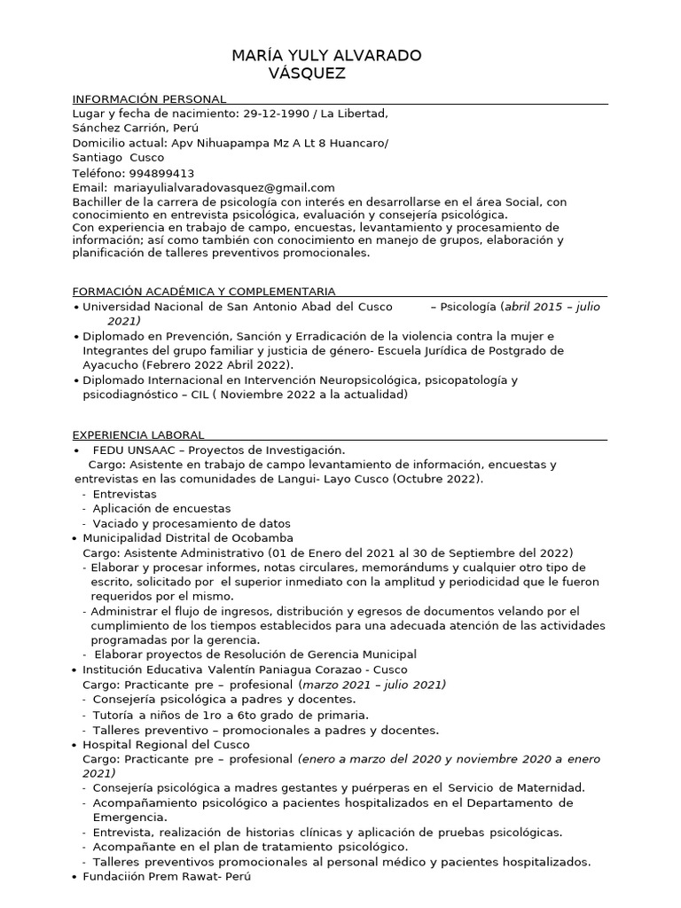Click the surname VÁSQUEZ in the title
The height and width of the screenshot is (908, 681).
coord(307,74)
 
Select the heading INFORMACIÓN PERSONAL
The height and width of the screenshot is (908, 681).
coord(148,98)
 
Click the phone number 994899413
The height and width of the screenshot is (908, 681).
coord(161,173)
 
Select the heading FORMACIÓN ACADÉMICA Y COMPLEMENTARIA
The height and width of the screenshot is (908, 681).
coord(203,291)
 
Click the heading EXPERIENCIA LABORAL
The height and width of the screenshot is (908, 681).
coord(137,434)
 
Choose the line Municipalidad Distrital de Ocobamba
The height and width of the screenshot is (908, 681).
coord(188,537)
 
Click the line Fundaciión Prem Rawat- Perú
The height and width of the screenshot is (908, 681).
coord(167,876)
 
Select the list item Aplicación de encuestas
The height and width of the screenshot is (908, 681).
coord(161,509)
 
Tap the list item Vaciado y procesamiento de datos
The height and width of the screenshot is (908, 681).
coord(191,523)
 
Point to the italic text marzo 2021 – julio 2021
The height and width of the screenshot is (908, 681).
coord(373,685)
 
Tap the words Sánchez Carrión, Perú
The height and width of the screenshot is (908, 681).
coord(135,128)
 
